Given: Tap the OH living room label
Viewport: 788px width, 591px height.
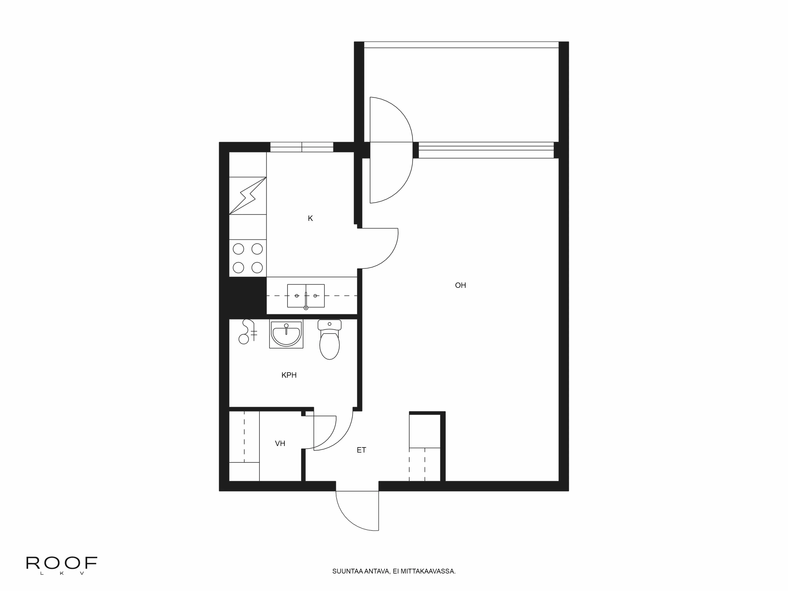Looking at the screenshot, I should pyautogui.click(x=460, y=285).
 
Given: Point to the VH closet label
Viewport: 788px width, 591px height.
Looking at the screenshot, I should pyautogui.click(x=280, y=443).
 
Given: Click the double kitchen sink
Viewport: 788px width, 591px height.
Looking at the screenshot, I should pyautogui.click(x=306, y=296).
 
